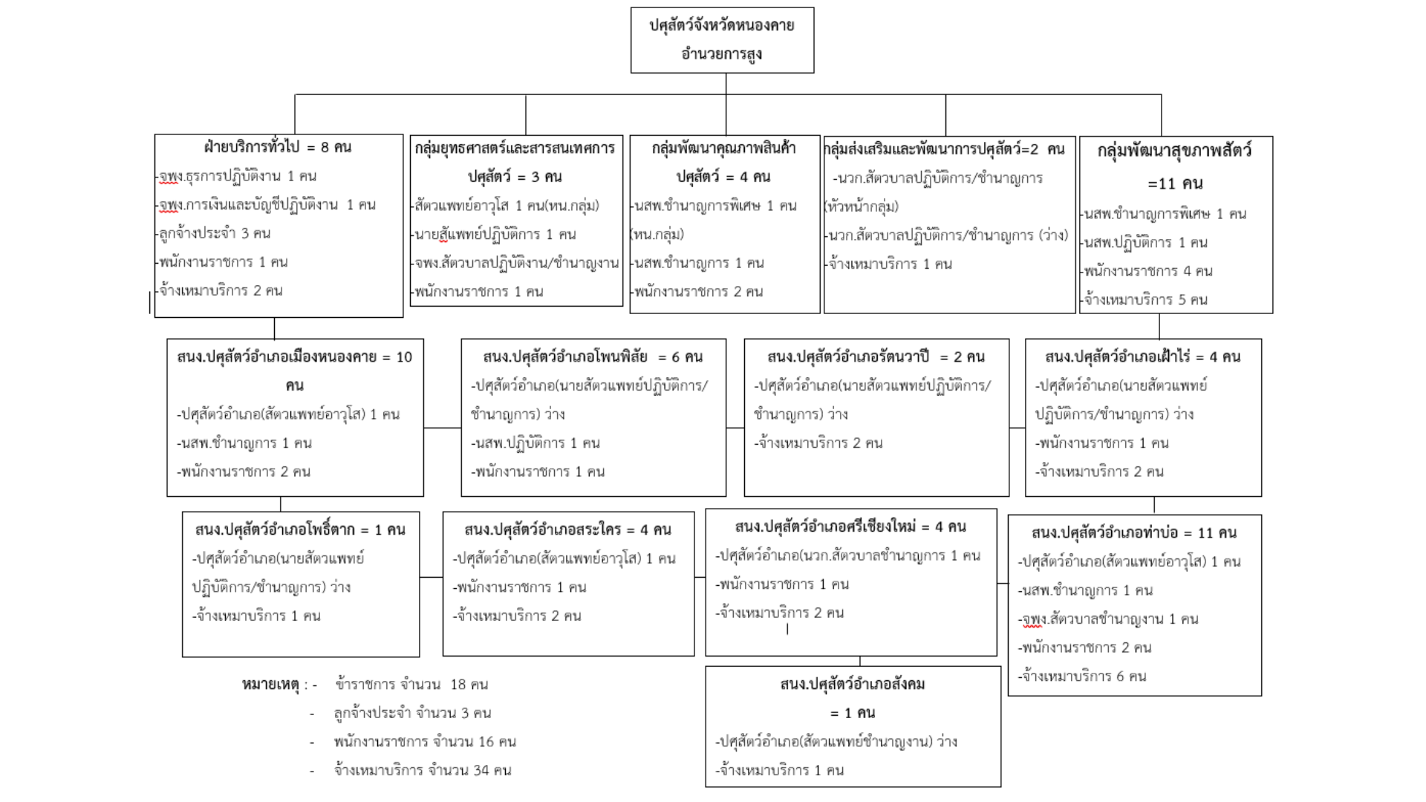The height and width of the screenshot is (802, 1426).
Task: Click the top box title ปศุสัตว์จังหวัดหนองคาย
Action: (x=722, y=25)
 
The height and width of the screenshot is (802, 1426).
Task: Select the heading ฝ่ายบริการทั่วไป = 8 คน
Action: (x=278, y=147)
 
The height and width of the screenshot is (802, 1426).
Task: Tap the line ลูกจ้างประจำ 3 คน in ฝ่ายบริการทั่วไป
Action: (x=215, y=233)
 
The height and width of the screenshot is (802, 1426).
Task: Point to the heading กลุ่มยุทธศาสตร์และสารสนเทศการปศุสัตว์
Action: (x=515, y=162)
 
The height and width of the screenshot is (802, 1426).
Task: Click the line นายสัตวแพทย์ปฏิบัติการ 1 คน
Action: (x=495, y=235)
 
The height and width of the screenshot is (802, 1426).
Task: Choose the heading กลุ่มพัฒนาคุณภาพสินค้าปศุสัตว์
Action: (x=723, y=162)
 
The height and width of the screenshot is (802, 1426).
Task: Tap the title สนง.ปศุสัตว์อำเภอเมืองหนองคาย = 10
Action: (x=294, y=357)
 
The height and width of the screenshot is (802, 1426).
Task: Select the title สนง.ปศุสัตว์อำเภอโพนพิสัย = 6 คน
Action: (x=593, y=357)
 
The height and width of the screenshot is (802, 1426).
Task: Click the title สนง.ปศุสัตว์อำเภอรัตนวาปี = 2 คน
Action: (x=876, y=357)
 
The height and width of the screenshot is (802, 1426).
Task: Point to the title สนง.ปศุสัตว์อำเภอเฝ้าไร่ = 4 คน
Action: (x=1143, y=357)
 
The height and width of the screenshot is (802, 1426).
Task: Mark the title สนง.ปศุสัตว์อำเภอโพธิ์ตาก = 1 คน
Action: (x=300, y=529)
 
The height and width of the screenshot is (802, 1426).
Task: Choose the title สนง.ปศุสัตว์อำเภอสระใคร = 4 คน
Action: (x=568, y=529)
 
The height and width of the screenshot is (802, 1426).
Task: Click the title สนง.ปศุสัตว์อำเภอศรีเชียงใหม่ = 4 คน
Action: (x=850, y=526)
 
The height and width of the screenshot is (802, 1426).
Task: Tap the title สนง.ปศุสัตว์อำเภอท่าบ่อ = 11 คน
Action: (x=1134, y=532)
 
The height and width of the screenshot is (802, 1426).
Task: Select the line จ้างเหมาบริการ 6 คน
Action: (x=1082, y=677)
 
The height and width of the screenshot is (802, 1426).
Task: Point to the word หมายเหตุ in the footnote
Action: (x=270, y=685)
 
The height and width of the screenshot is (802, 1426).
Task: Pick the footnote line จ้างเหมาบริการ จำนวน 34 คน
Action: (x=423, y=771)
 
